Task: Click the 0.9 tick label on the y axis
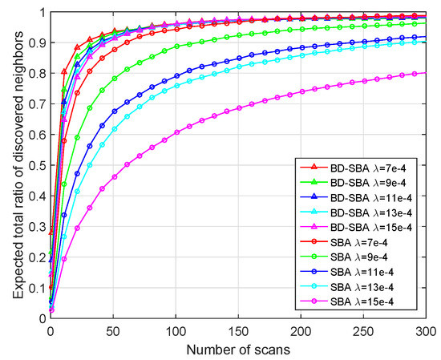pos(39,43)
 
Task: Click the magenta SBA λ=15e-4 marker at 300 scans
pos(425,74)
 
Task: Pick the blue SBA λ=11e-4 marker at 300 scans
pos(425,37)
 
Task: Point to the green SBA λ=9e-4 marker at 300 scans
pos(425,24)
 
